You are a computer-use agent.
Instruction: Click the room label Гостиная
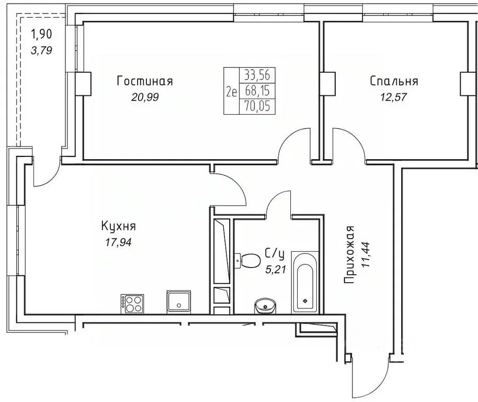tap(145, 81)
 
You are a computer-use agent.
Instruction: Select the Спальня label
tap(393, 81)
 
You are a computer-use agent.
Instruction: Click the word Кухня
tap(119, 226)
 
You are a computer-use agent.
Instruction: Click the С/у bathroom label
tap(275, 254)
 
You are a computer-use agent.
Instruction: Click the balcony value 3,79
tap(42, 51)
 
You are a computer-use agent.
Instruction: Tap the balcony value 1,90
tap(42, 36)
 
